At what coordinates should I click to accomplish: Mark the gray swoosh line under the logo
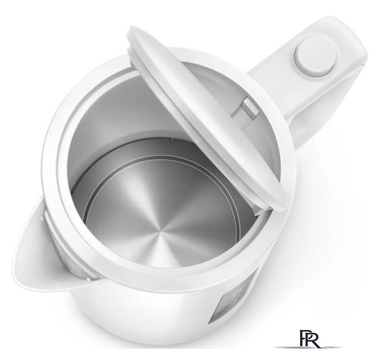point(308,347)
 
